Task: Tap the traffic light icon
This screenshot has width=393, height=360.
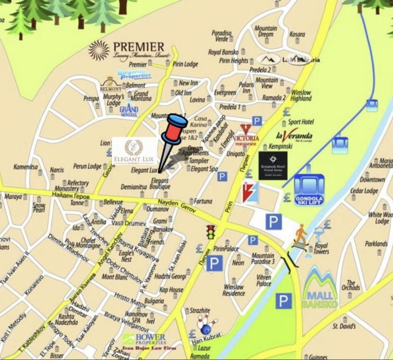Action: pos(211,232)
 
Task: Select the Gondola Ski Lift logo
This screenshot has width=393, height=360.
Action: pos(309,190)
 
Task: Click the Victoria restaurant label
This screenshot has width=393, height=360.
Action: pos(246,136)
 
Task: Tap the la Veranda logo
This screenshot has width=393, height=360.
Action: pos(294,136)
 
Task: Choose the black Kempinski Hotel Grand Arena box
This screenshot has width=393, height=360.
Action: pos(273,166)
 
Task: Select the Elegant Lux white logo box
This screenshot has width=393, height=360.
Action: pos(134,150)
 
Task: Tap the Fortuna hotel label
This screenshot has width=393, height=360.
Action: pos(203,202)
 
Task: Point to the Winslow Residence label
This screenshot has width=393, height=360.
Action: pos(234,290)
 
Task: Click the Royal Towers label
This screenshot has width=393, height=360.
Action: pos(321,249)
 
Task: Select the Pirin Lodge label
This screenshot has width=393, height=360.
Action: pos(185,64)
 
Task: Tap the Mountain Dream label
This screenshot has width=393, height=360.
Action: pos(266,32)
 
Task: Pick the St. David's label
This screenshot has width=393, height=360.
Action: pos(344,326)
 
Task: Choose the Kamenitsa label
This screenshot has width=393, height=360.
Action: pos(25,167)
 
